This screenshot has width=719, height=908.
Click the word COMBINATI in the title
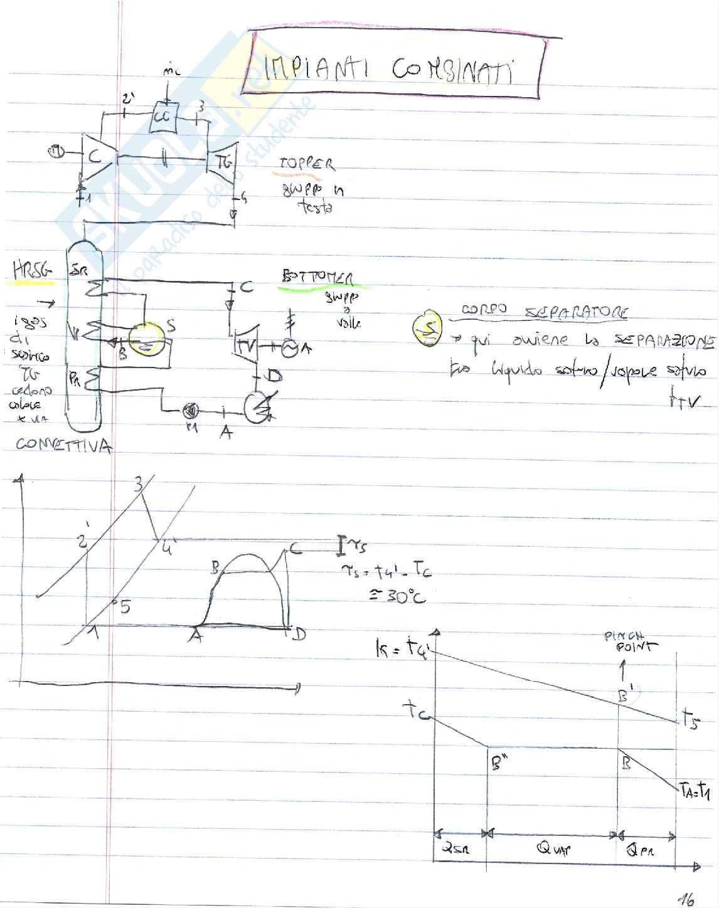(x=451, y=70)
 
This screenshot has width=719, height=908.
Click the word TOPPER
(x=307, y=164)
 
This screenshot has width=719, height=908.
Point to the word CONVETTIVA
(x=63, y=445)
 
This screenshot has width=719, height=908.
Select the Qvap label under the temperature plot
(x=553, y=848)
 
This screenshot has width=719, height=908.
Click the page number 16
(x=686, y=899)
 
